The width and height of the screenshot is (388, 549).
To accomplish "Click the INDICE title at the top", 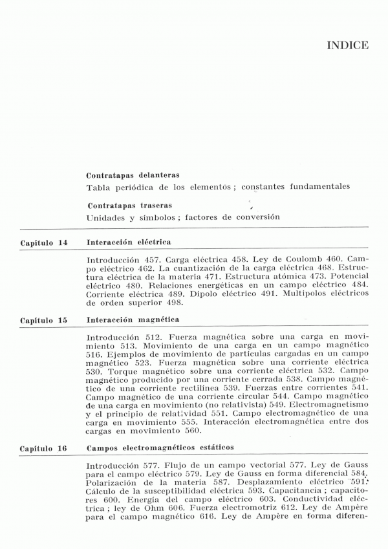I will pos(348,45).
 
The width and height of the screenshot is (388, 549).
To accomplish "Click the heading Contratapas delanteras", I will pos(133,175).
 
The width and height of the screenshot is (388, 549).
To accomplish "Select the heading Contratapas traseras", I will pos(126,206).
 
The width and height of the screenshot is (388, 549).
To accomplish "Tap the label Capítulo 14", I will pos(44,242).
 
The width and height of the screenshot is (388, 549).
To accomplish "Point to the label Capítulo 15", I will pos(44,321).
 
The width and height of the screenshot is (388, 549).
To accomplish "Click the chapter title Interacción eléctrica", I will pos(128,242).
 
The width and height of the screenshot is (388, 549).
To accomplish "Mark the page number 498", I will pos(173,302).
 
